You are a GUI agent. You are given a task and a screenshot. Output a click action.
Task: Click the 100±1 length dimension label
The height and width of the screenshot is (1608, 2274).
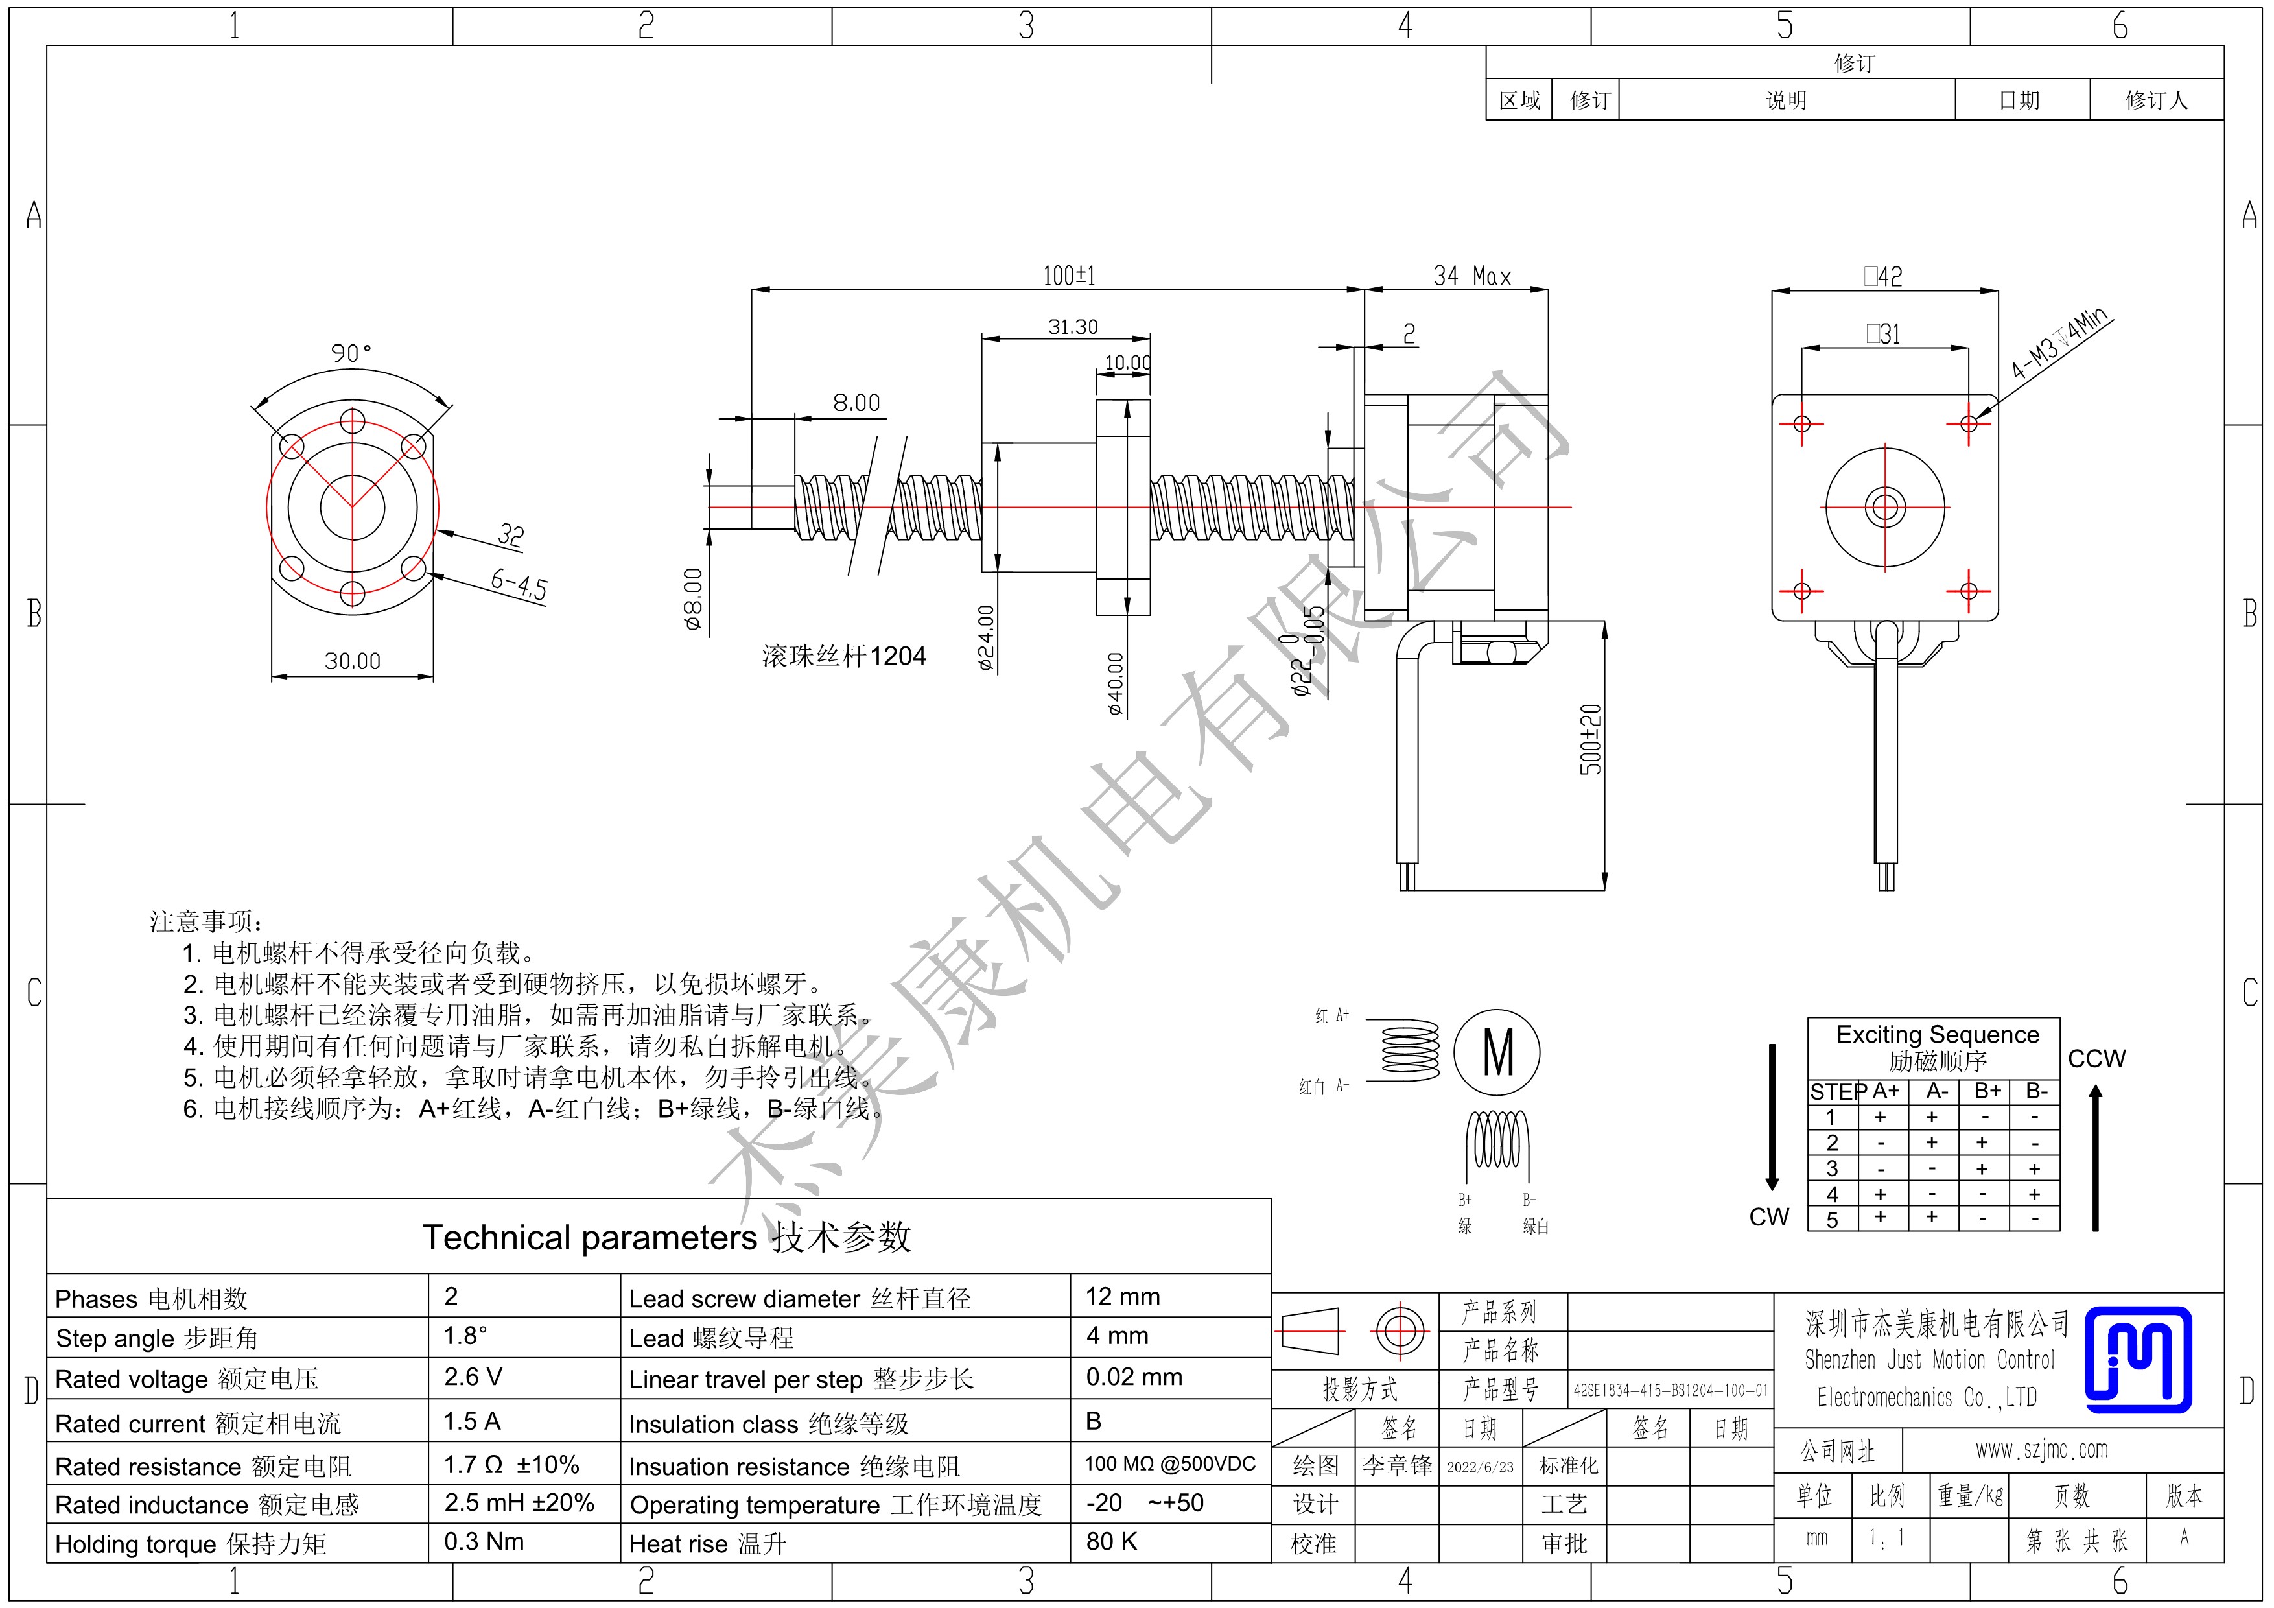[1069, 276]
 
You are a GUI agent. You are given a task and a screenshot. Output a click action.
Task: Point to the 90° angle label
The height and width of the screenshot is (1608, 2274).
[351, 353]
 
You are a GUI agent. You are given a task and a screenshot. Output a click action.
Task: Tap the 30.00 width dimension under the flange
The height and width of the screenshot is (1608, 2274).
[353, 661]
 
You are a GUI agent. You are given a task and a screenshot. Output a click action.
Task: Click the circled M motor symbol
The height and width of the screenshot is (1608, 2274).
[1497, 1052]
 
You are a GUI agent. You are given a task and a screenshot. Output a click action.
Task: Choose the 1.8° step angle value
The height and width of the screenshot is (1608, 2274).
[465, 1336]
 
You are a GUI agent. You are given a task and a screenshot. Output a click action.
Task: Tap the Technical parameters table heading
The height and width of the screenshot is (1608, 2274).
[666, 1238]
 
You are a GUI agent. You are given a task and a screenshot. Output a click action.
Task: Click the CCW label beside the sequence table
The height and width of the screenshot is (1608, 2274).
[2097, 1058]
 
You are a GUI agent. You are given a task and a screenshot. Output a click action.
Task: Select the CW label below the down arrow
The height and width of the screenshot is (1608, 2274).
[1769, 1216]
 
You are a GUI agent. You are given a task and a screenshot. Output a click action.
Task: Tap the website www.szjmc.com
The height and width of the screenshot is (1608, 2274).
[2042, 1450]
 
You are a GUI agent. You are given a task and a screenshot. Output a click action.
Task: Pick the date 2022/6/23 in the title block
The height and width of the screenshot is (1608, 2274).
[1480, 1466]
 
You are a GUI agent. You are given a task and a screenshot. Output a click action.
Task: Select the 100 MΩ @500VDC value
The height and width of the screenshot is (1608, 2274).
[1169, 1463]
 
